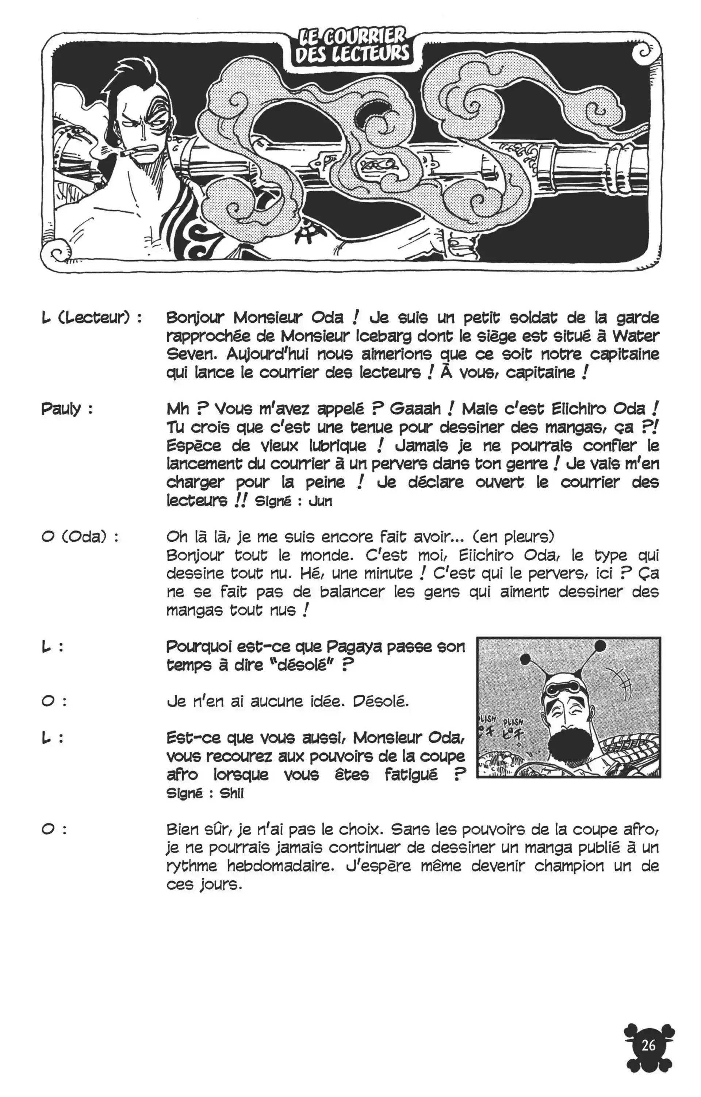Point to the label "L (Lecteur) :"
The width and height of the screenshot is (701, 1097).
coord(91,318)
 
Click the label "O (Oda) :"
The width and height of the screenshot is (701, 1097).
coord(80,537)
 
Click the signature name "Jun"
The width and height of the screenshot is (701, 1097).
coord(321,502)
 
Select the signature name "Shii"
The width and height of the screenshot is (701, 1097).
coord(232,794)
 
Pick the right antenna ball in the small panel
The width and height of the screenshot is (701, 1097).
coord(600,645)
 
